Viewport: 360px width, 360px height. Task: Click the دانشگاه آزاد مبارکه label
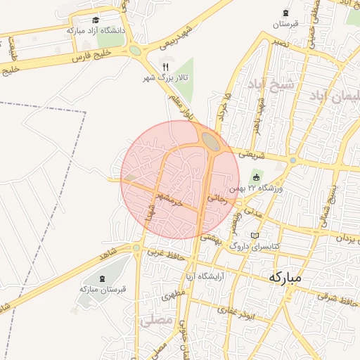(x=96, y=31)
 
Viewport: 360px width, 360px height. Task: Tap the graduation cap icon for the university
(x=96, y=20)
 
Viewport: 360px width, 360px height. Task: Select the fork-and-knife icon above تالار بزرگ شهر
(x=166, y=67)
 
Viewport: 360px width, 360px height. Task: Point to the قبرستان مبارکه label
(x=103, y=289)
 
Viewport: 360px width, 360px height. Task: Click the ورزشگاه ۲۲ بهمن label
(x=262, y=188)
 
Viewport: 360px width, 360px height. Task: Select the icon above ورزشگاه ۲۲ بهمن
(x=256, y=177)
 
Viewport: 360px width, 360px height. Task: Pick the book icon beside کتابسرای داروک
(x=255, y=236)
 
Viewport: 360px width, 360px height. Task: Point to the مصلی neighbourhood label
(x=155, y=321)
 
